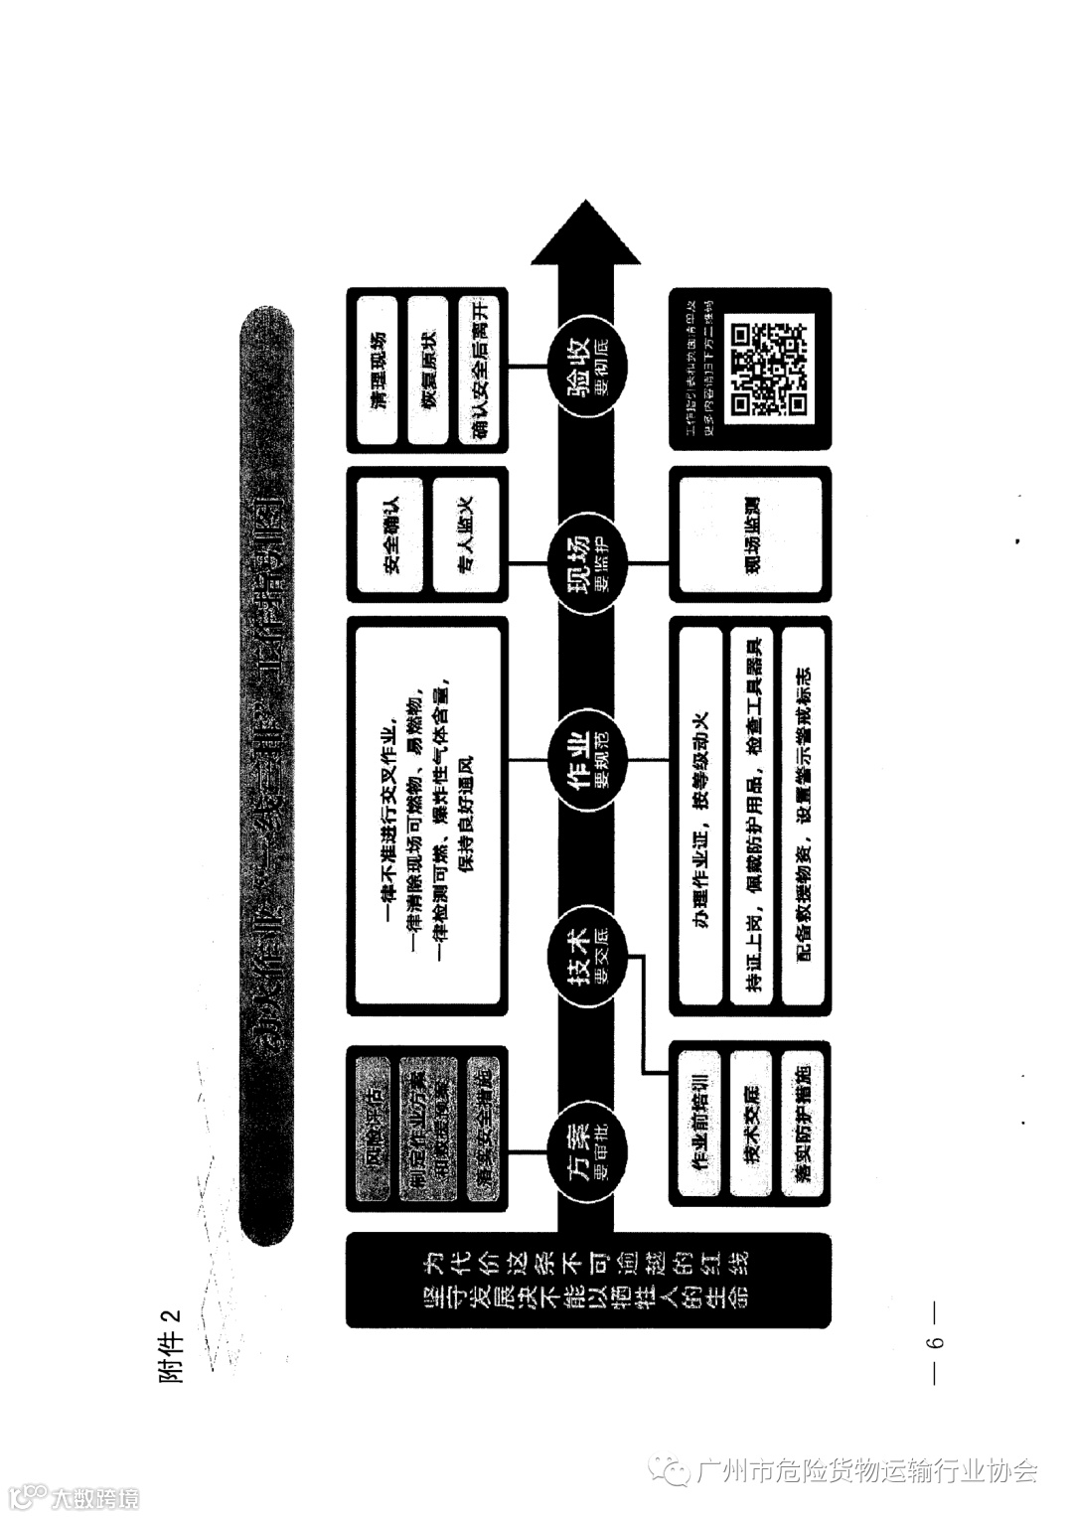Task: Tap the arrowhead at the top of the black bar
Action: coord(586,234)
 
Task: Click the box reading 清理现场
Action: coord(377,370)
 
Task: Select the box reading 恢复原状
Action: coord(428,370)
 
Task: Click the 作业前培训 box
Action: coord(699,1123)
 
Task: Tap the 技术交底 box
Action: coord(751,1123)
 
